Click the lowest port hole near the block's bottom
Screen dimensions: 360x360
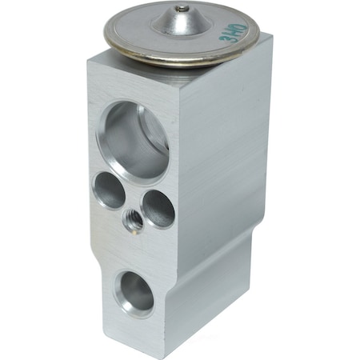[x=134, y=293]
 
